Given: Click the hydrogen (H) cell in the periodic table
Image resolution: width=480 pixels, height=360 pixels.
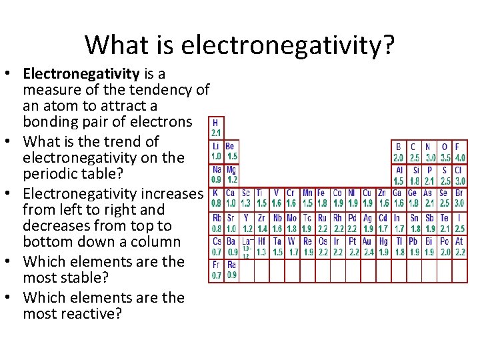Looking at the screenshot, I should [217, 127].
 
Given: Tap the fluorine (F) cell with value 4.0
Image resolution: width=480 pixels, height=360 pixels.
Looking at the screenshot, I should [459, 152].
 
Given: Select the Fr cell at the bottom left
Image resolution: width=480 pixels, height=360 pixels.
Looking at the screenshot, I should [217, 269].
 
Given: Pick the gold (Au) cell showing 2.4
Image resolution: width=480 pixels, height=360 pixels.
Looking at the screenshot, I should [367, 247].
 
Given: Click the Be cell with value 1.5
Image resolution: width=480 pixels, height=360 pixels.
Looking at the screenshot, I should [231, 151].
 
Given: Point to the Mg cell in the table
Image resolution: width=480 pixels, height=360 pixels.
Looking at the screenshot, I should [231, 175].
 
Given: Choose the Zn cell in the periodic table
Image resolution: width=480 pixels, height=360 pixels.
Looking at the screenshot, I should [383, 198].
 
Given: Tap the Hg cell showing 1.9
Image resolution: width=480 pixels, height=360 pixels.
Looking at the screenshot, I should [383, 247].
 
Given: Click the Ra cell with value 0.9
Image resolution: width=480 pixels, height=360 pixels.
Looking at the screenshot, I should [231, 269].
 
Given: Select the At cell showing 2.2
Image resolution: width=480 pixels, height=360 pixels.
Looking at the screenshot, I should [459, 247].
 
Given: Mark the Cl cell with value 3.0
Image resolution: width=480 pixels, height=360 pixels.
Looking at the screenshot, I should [459, 175].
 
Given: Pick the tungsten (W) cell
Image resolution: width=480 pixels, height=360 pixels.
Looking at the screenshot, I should [291, 247].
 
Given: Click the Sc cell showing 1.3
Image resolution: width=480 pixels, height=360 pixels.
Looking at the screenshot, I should [246, 198].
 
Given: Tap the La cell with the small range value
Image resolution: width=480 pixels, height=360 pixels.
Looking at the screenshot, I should [246, 247].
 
